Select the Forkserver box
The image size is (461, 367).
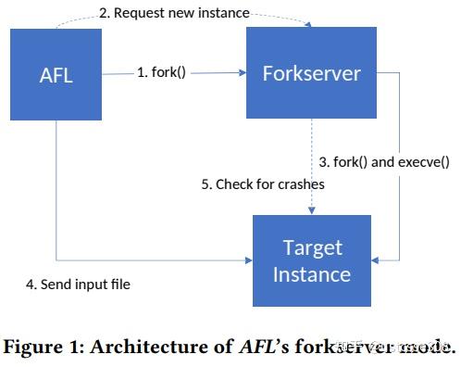[x=310, y=71]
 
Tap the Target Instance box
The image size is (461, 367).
[x=311, y=260]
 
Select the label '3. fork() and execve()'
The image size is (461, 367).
[x=383, y=161]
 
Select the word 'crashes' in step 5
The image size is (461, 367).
[x=301, y=183]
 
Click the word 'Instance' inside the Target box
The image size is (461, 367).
[x=311, y=274]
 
